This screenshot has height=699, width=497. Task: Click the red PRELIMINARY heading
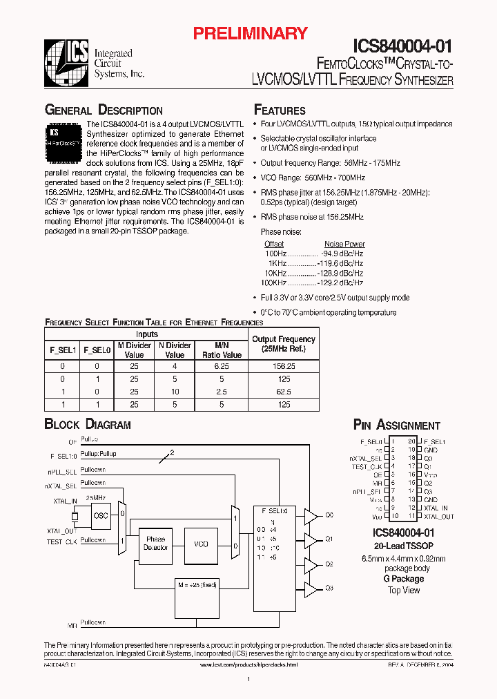249,32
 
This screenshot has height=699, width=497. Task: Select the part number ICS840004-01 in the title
402,46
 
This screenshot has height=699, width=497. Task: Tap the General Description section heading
104,111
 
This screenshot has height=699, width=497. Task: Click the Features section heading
280,111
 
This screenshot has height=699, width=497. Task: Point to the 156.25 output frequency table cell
284,366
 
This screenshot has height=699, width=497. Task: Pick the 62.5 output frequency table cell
284,392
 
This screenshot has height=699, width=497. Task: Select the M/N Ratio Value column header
222,349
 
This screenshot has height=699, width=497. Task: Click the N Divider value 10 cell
175,392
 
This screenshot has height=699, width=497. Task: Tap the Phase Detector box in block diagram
155,544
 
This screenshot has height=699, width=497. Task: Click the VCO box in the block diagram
200,544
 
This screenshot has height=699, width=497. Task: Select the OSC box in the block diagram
101,515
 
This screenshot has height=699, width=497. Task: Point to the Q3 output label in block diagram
329,588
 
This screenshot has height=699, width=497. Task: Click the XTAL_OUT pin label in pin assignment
438,516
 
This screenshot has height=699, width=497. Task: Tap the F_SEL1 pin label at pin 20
434,441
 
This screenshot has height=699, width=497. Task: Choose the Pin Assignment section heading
396,425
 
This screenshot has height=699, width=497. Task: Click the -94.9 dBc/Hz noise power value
342,253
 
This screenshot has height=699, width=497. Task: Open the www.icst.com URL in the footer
248,664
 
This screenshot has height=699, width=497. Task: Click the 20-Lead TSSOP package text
403,546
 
